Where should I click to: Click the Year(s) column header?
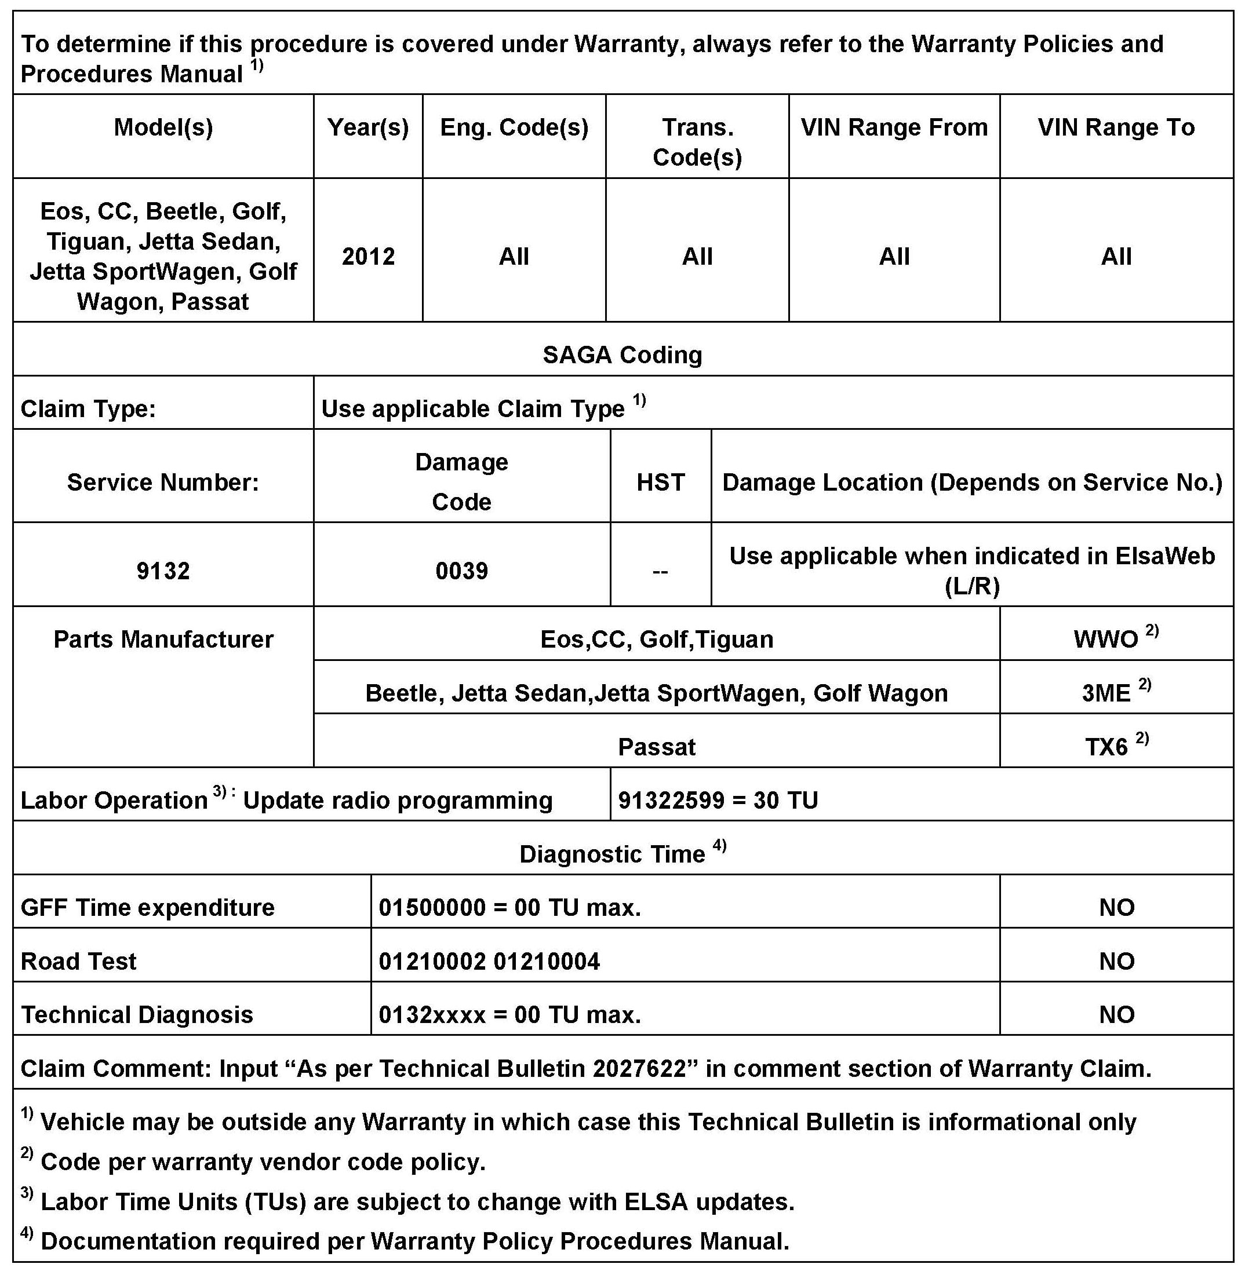[368, 127]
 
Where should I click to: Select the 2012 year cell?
[368, 256]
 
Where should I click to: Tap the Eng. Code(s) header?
[514, 127]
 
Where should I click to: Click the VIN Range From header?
[894, 127]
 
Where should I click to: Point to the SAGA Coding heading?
[622, 355]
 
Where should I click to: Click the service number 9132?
[163, 571]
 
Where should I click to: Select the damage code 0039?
[461, 571]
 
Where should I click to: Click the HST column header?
[660, 483]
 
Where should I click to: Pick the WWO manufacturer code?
[1106, 639]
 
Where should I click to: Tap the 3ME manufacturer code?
[1106, 693]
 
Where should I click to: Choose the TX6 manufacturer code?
[1106, 746]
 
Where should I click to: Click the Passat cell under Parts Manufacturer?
[657, 746]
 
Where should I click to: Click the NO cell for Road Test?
[1116, 961]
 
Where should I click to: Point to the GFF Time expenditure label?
[148, 908]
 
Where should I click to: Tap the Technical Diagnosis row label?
[137, 1015]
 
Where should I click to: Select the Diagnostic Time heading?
[612, 854]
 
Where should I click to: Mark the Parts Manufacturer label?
[163, 639]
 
